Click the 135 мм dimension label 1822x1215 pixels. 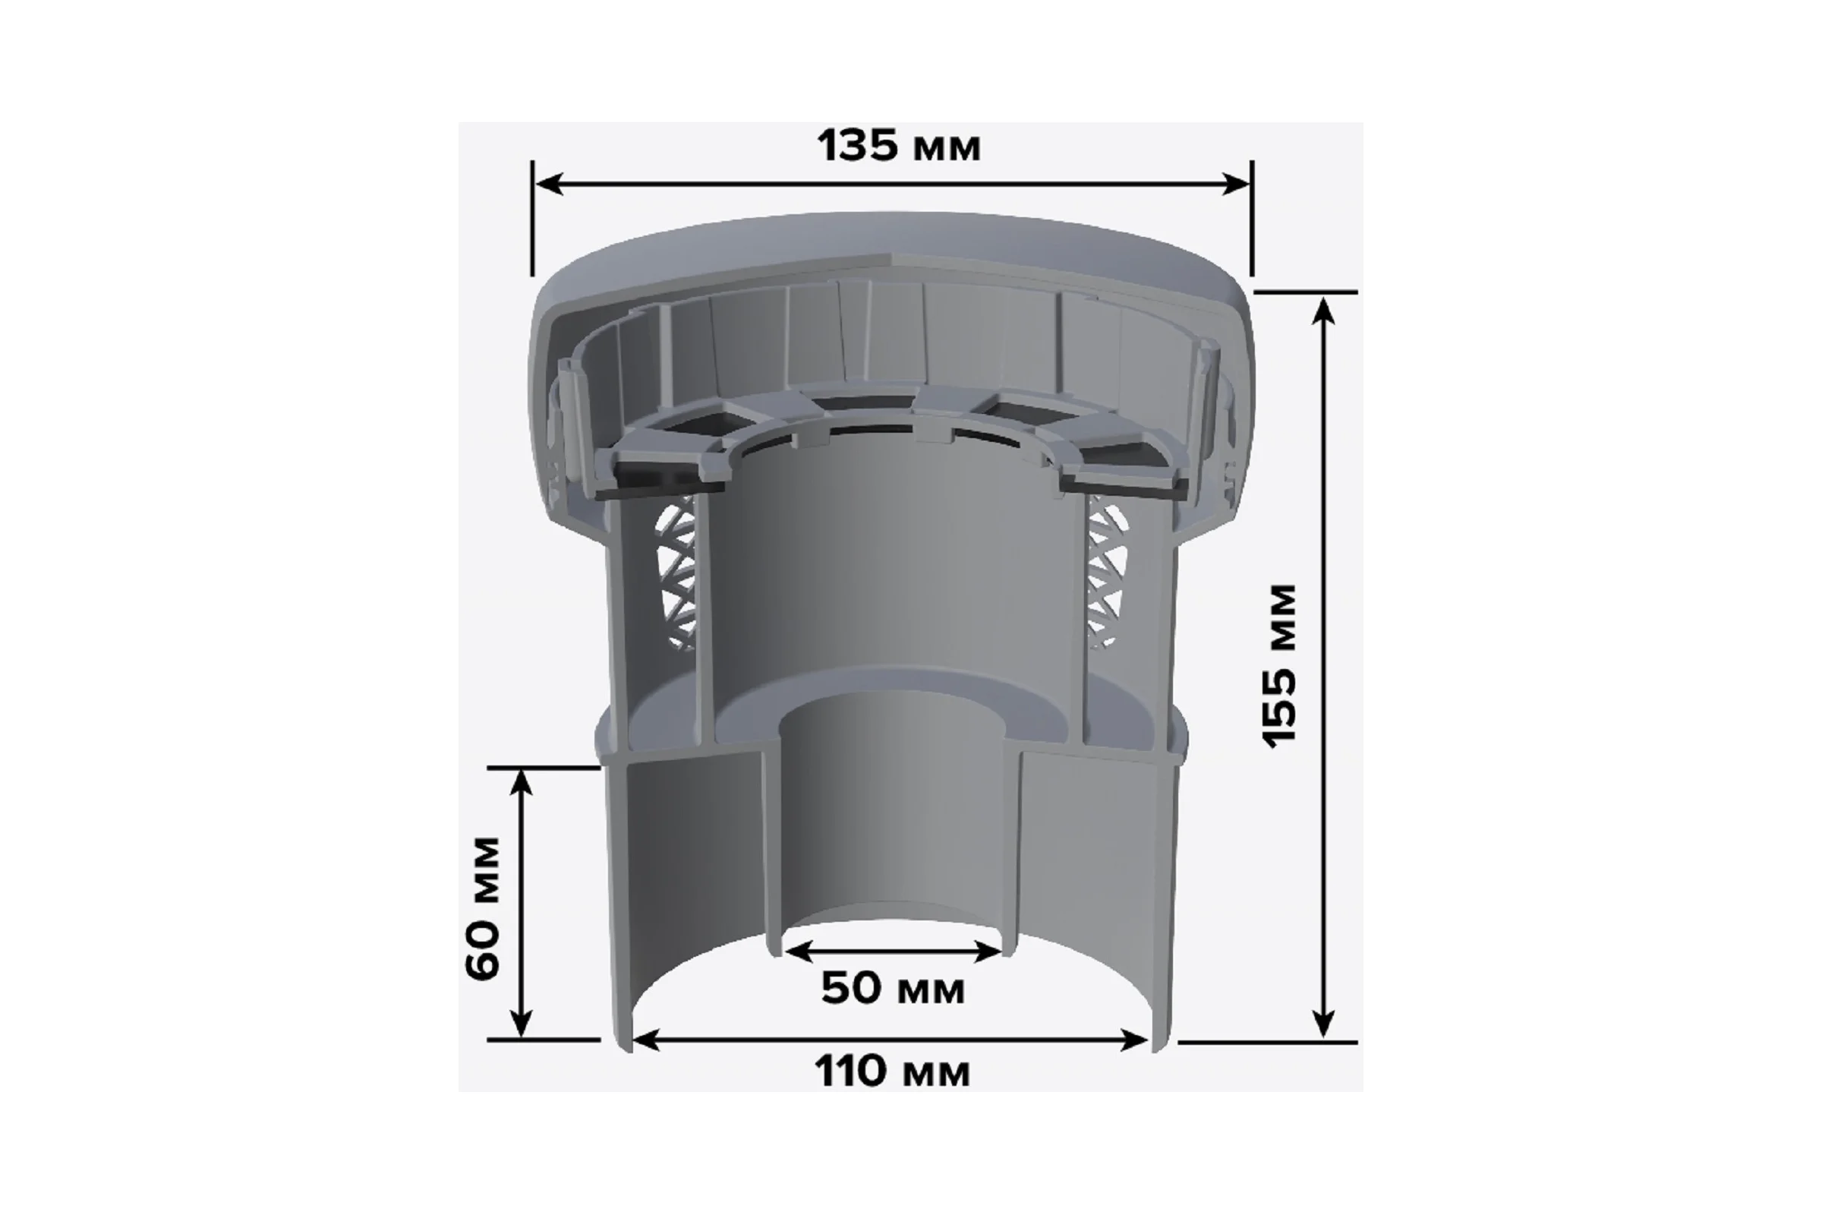coord(899,146)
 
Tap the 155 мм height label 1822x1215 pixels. coord(1279,667)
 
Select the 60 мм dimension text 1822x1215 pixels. coord(483,908)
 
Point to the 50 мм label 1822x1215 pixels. coord(893,989)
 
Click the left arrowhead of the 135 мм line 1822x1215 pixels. coord(548,185)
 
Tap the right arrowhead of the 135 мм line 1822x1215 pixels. coord(1235,185)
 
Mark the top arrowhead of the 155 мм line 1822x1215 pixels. coord(1324,311)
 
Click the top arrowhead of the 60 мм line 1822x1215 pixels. coord(523,784)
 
